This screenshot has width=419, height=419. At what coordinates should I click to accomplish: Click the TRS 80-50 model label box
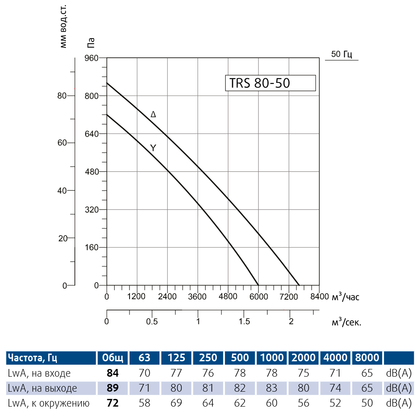(x=270, y=83)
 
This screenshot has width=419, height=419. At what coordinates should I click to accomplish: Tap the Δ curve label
(x=153, y=115)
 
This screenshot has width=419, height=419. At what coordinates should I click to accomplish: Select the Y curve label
(x=153, y=148)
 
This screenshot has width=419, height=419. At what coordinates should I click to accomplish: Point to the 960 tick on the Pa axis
(x=93, y=58)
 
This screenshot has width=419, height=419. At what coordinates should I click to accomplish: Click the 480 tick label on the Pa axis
(x=93, y=172)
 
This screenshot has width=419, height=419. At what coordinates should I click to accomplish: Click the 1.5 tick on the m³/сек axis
(x=244, y=322)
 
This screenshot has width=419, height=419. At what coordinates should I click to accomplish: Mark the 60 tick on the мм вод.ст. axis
(x=62, y=143)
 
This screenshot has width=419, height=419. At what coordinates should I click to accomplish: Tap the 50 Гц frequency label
(x=341, y=54)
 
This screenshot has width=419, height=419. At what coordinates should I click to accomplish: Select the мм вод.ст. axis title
(x=64, y=27)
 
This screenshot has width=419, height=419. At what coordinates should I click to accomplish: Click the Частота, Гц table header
(x=32, y=357)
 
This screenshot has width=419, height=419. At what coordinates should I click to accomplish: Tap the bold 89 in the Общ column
(x=112, y=388)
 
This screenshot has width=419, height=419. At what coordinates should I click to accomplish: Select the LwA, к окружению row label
(x=48, y=403)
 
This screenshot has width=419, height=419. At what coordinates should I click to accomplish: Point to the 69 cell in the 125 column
(x=176, y=403)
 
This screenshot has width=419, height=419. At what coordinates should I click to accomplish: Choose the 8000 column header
(x=367, y=357)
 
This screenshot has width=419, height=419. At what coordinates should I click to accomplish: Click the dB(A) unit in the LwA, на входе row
(x=398, y=373)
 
